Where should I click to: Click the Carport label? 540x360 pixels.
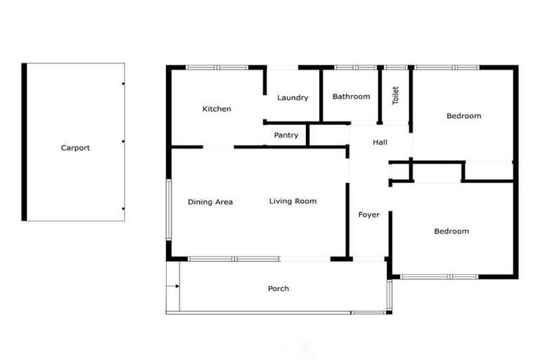75,148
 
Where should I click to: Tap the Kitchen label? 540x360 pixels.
217,109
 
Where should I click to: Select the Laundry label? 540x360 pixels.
292,98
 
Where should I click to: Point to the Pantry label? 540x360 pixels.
286,135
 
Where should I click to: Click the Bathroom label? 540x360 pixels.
351,96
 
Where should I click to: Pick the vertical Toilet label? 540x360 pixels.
395,96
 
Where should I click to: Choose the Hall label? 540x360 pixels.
380,142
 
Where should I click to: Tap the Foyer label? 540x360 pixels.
368,214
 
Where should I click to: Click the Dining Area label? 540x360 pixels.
210,202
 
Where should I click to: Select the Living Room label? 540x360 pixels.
292,201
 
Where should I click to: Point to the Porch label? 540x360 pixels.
278,288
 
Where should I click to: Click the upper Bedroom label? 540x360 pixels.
463,116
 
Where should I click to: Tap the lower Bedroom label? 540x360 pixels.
451,231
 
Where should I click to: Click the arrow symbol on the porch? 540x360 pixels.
175,286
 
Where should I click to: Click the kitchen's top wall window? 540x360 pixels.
217,67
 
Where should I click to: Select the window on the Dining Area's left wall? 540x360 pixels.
168,210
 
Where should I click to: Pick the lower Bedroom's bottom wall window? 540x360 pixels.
439,276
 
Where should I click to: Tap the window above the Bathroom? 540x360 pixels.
354,67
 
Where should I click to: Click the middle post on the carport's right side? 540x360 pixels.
124,142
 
